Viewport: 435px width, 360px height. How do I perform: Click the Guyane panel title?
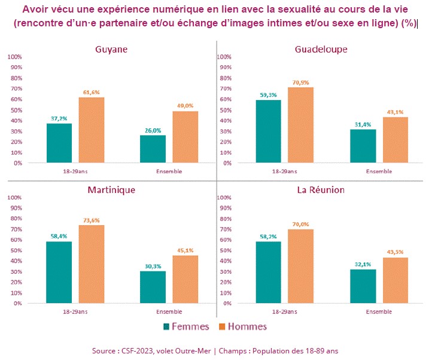point(111,49)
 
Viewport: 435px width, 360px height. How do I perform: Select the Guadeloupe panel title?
point(321,49)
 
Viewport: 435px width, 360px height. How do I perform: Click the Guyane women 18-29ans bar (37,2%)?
point(59,143)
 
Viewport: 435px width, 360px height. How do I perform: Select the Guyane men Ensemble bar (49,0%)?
point(185,137)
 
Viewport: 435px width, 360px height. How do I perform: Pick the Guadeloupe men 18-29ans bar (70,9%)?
point(301,125)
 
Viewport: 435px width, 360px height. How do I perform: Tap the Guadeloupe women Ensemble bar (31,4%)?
point(363,146)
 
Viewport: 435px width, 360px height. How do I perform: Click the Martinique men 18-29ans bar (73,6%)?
point(91,264)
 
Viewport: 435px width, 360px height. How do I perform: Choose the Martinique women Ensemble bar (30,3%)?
point(153,287)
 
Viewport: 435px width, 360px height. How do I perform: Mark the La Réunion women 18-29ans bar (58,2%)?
point(269,273)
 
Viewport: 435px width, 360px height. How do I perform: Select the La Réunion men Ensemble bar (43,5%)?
point(396,280)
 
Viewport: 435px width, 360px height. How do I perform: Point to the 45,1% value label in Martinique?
point(185,250)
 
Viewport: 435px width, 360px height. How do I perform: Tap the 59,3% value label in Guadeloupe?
point(269,95)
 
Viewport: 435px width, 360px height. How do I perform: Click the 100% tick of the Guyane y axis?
point(14,57)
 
